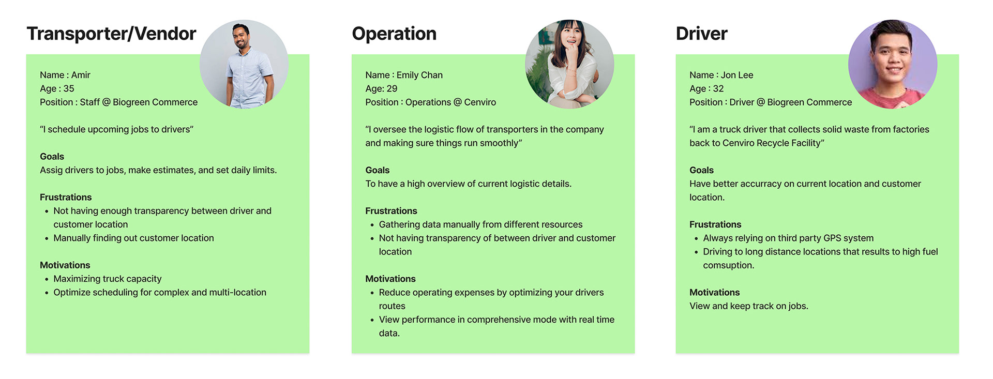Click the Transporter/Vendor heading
click(x=111, y=34)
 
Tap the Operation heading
click(x=394, y=34)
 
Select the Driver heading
click(x=701, y=34)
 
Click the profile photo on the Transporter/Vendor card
click(x=244, y=64)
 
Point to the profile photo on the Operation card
click(x=569, y=64)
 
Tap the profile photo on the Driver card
click(x=893, y=64)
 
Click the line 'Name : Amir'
click(x=65, y=75)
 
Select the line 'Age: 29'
click(x=381, y=88)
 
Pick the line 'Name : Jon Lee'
click(x=721, y=75)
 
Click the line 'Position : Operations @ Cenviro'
click(x=430, y=102)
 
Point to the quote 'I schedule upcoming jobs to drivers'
click(x=116, y=129)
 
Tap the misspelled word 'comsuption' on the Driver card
click(x=728, y=265)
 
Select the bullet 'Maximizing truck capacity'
click(x=108, y=279)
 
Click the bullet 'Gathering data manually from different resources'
click(x=480, y=224)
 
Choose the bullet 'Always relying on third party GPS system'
click(x=788, y=238)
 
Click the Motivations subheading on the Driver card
click(x=714, y=292)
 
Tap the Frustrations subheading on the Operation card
click(x=391, y=211)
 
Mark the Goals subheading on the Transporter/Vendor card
click(x=52, y=156)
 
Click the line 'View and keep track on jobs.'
click(x=748, y=306)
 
